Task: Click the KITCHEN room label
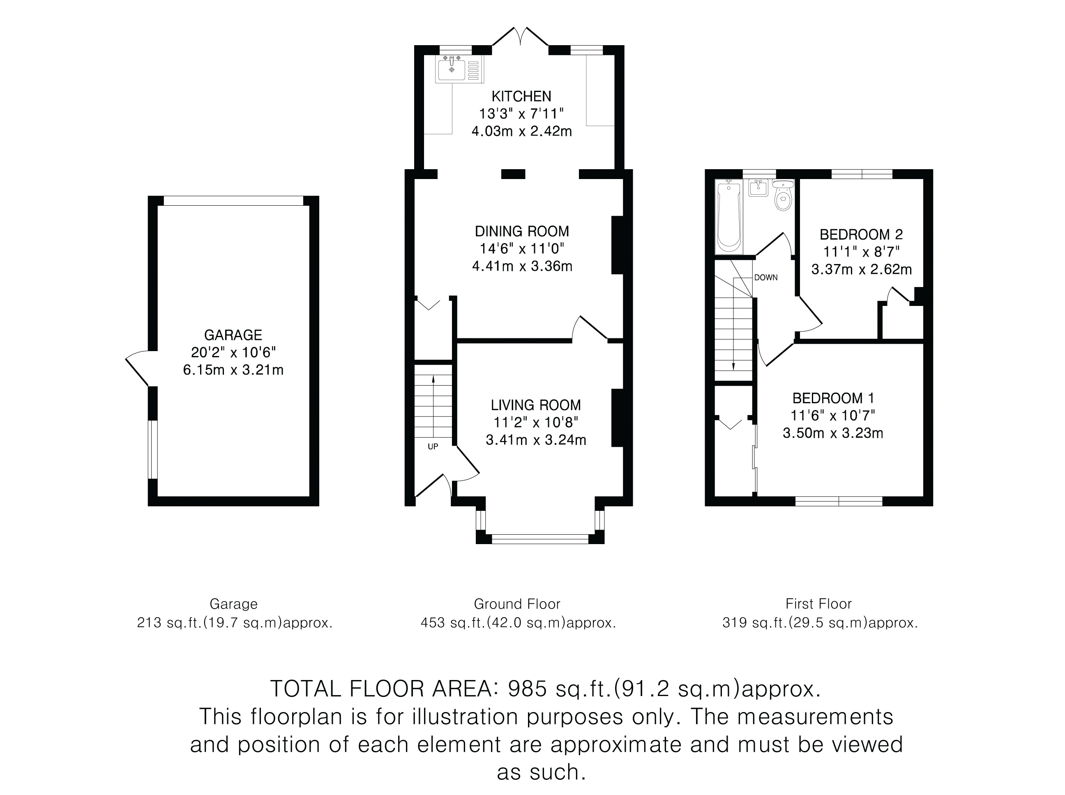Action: point(521,96)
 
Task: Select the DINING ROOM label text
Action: point(522,232)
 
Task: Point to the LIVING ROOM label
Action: point(536,405)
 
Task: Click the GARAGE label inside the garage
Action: point(233,335)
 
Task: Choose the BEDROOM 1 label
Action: point(833,398)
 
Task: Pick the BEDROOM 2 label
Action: point(861,234)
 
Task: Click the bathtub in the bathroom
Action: point(729,216)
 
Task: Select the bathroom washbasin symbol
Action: point(758,188)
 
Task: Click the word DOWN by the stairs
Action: point(765,278)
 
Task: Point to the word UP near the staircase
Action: point(433,447)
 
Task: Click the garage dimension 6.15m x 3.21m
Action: point(233,370)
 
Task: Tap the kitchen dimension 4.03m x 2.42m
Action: point(522,131)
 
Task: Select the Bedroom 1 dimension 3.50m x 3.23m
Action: point(833,433)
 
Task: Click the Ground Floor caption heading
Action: point(517,604)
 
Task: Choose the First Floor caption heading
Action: point(818,604)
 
